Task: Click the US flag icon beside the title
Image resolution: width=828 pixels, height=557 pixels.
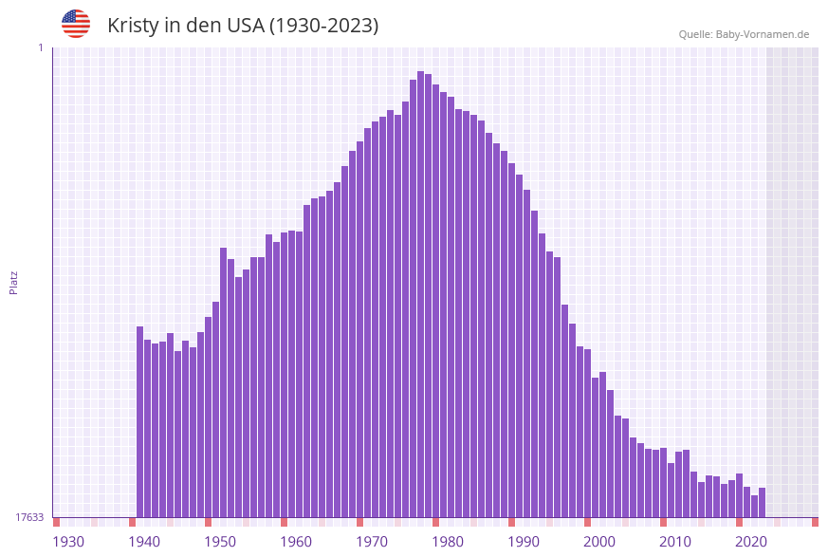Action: pos(76,24)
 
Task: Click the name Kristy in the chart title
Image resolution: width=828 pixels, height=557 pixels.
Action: pos(133,26)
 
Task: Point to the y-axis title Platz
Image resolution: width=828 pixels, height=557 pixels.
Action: pos(14,282)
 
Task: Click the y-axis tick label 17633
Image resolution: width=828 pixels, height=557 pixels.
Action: pos(29,517)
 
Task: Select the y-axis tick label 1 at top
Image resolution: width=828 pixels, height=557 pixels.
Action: pos(41,47)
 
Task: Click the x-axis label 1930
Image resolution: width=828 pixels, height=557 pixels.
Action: pos(68,542)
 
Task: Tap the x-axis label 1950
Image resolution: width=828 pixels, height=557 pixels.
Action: pos(220,542)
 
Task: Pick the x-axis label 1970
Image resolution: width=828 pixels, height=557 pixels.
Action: pos(372,542)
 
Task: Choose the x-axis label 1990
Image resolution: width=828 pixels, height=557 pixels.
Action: pos(524,542)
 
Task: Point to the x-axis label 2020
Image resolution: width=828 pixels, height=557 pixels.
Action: pos(751,542)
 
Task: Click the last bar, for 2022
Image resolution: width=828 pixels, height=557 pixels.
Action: pos(762,502)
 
